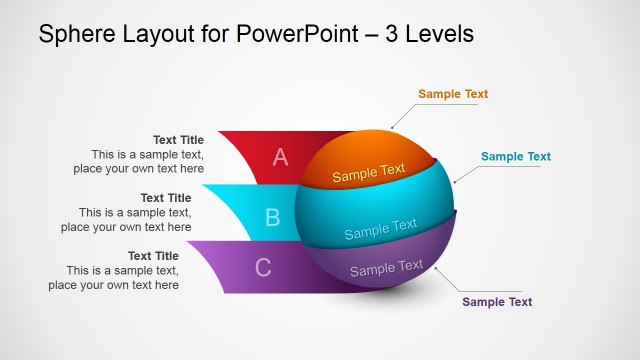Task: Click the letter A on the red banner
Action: pos(280,157)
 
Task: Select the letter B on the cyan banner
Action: pos(272,217)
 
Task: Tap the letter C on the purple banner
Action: pos(263,268)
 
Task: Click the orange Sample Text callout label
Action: pos(453,94)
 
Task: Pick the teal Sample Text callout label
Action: pos(515,157)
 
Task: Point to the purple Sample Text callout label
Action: pos(497,302)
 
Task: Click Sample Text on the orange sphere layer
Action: pos(369,173)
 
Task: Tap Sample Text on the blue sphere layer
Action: pos(381,229)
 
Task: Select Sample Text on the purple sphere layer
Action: pos(386,268)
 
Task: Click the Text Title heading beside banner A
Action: pos(178,140)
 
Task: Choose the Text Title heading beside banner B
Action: pos(165,198)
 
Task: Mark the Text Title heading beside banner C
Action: pos(153,256)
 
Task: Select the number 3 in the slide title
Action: pos(390,34)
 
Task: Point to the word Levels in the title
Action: pos(438,34)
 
